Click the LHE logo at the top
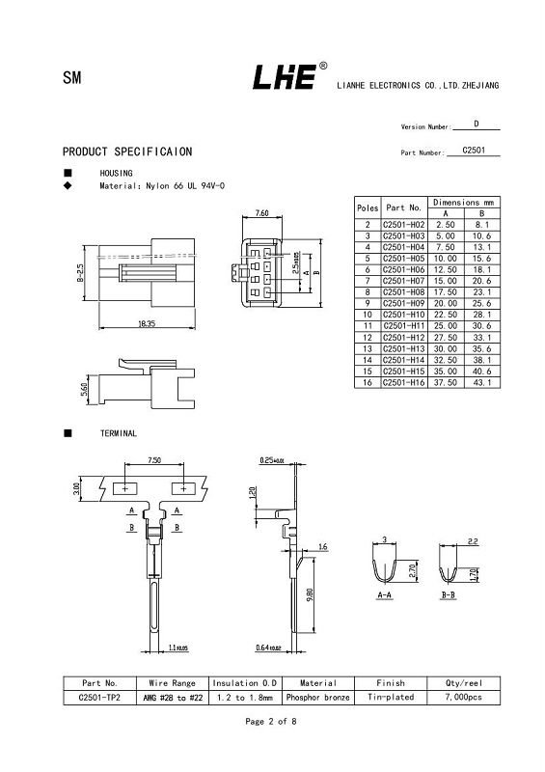pyautogui.click(x=285, y=77)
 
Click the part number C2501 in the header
pyautogui.click(x=474, y=151)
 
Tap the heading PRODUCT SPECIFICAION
pyautogui.click(x=127, y=152)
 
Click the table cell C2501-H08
pyautogui.click(x=403, y=291)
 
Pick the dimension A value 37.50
pyautogui.click(x=446, y=383)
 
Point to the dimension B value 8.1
pyautogui.click(x=483, y=224)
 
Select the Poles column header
pyautogui.click(x=368, y=207)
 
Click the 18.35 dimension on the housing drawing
pyautogui.click(x=147, y=324)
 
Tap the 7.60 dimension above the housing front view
pyautogui.click(x=261, y=212)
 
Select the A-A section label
pyautogui.click(x=384, y=596)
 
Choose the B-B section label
pyautogui.click(x=448, y=596)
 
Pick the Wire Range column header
pyautogui.click(x=172, y=682)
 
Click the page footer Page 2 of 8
pyautogui.click(x=272, y=722)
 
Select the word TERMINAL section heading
pyautogui.click(x=119, y=434)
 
